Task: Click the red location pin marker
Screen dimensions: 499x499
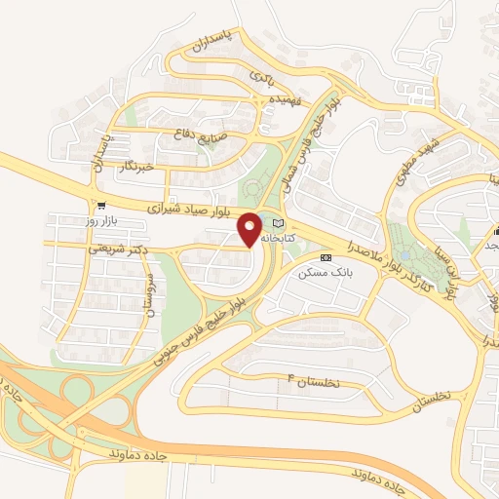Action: click(250, 228)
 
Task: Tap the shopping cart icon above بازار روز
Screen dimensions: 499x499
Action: click(100, 206)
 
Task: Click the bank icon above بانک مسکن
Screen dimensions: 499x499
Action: click(326, 257)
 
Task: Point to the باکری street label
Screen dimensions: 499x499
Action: click(261, 74)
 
